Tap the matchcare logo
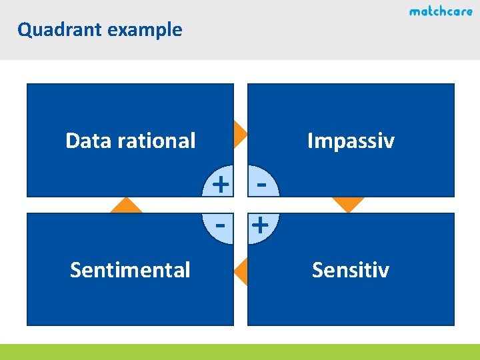pyautogui.click(x=441, y=11)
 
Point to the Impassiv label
pyautogui.click(x=350, y=141)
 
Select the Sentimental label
pyautogui.click(x=130, y=270)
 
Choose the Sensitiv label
pyautogui.click(x=350, y=270)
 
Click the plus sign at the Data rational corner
pyautogui.click(x=221, y=182)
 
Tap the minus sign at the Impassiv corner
pyautogui.click(x=262, y=182)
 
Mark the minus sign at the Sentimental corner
pyautogui.click(x=221, y=225)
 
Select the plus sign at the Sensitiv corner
pyautogui.click(x=261, y=225)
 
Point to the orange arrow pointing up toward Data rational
pyautogui.click(x=127, y=205)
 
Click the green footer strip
pyautogui.click(x=240, y=351)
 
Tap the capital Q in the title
pyautogui.click(x=24, y=30)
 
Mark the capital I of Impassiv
pyautogui.click(x=310, y=141)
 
